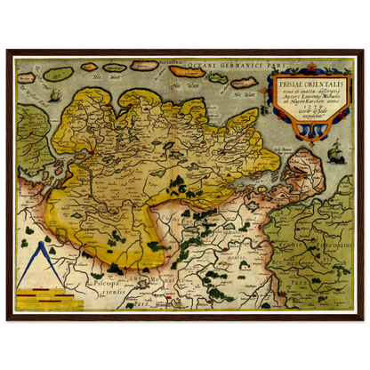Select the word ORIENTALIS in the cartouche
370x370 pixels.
(x=317, y=85)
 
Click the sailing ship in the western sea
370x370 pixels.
(x=52, y=94)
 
